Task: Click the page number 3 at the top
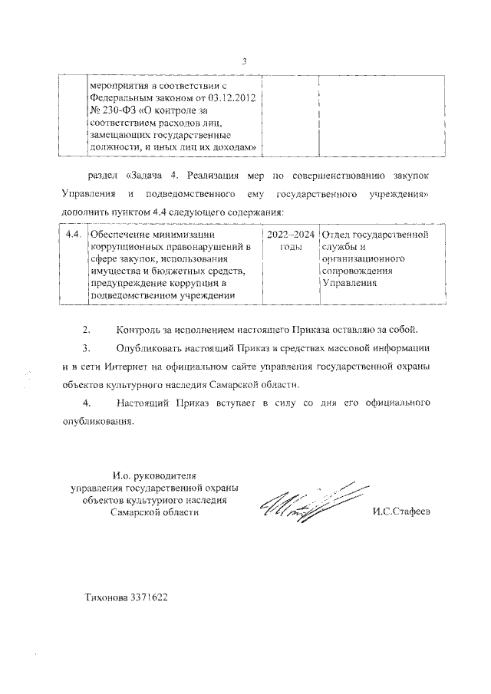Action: click(x=244, y=61)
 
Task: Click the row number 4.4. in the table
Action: click(x=73, y=234)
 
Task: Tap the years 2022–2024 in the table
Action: click(x=290, y=234)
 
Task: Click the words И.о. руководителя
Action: click(x=153, y=475)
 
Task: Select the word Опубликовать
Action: click(x=151, y=348)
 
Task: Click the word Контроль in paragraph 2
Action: click(x=139, y=331)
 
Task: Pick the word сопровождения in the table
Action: click(x=358, y=271)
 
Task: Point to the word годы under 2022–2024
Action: click(x=290, y=246)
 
